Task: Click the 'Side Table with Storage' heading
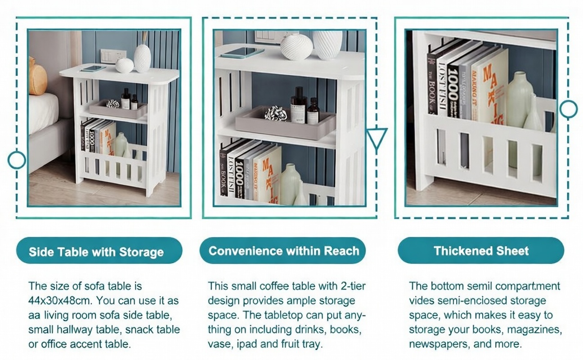coord(96,252)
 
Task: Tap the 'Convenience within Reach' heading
coord(284,251)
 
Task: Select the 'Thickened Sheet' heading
coord(481,251)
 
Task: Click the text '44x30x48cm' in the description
coord(60,301)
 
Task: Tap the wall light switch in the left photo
coord(113,56)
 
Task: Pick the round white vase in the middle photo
coord(296,47)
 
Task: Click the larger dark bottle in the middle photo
coord(299,105)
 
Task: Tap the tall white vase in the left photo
coord(142,58)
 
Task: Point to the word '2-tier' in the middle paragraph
coord(353,286)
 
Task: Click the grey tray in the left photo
coord(118,110)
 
